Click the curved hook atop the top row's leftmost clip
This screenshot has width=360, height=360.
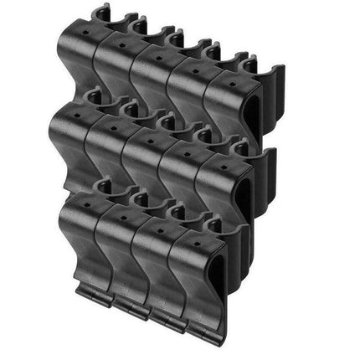101,13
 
